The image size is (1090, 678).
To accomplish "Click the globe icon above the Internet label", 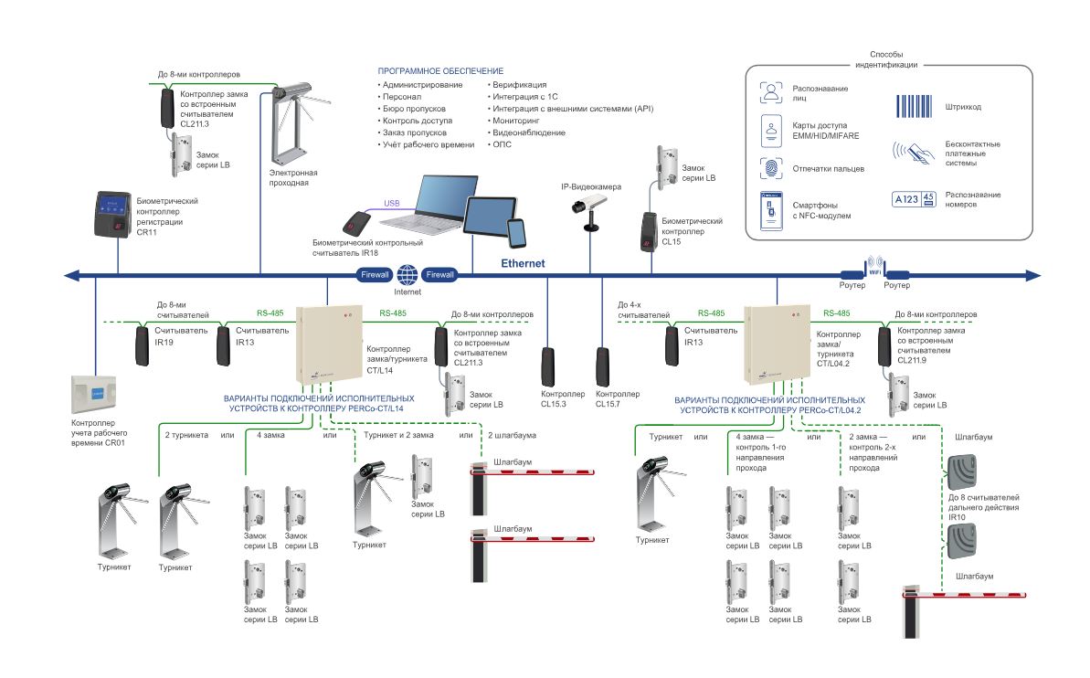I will point(407,274).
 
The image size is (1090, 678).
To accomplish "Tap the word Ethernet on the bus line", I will point(523,263).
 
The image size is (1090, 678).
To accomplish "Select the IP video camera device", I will point(584,206).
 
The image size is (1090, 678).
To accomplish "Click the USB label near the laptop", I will point(392,203).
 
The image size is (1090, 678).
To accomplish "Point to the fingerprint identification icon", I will point(772,168).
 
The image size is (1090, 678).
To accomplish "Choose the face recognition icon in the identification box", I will point(772,91).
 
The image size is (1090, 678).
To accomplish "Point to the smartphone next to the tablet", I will point(517,233).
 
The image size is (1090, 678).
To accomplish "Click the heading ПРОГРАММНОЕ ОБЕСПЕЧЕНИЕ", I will point(440,71).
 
